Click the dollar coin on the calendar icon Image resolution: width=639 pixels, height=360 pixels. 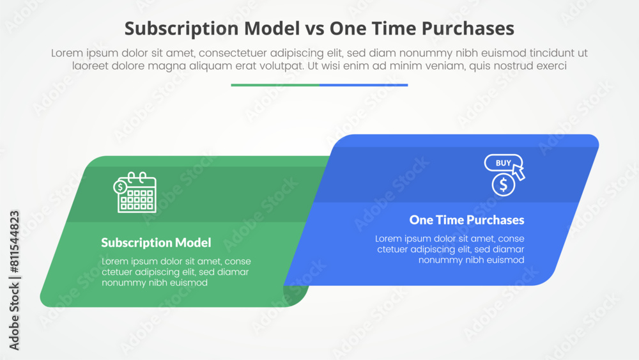point(119,187)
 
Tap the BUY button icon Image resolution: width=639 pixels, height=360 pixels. point(503,163)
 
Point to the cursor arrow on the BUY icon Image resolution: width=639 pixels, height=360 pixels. point(518,172)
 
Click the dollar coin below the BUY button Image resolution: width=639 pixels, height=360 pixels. point(504,185)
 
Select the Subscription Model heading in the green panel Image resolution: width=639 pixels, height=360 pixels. point(156,243)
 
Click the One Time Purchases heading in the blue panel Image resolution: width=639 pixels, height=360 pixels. point(466,220)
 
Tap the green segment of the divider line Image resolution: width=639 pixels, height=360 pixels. point(275,84)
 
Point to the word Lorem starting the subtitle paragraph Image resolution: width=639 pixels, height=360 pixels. point(67,54)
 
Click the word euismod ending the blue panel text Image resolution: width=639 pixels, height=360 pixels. point(505,260)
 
